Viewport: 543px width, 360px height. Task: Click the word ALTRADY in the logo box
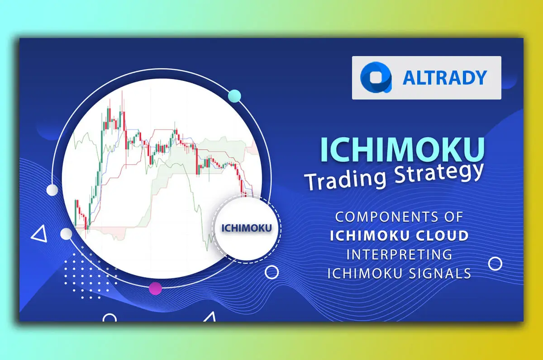(445, 78)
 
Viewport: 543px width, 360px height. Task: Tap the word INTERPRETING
(399, 254)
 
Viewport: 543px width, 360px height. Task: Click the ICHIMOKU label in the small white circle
(246, 227)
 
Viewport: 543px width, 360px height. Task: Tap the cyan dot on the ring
(234, 96)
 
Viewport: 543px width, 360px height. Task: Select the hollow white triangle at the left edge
(39, 234)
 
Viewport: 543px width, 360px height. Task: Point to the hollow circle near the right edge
(495, 264)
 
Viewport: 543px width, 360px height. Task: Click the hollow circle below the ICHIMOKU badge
(271, 272)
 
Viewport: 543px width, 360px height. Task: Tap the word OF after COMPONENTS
(452, 217)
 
